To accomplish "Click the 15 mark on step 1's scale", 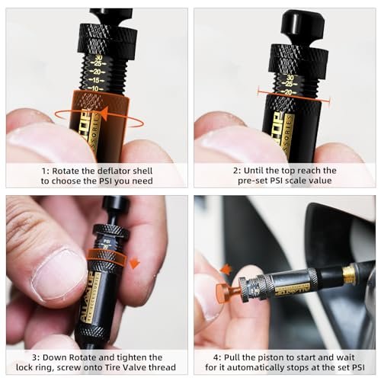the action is click(96, 80).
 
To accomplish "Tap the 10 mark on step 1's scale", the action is click(95, 88).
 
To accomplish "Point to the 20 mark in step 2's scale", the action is click(288, 92).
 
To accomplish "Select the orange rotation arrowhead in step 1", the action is click(104, 114).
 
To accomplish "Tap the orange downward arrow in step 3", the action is click(134, 264).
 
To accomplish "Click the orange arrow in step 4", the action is click(226, 270).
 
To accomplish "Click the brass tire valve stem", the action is click(350, 274).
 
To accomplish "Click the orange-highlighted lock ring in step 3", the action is click(107, 257).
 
